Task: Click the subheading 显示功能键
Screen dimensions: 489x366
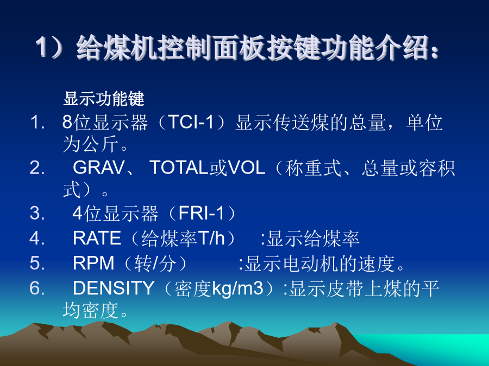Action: pyautogui.click(x=104, y=99)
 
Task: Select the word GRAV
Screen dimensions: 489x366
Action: pyautogui.click(x=98, y=168)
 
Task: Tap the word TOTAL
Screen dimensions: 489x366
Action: pyautogui.click(x=179, y=168)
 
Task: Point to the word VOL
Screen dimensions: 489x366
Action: pyautogui.click(x=246, y=168)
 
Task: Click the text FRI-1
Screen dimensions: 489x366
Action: pyautogui.click(x=201, y=213)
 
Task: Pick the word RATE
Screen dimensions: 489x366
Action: pyautogui.click(x=97, y=238)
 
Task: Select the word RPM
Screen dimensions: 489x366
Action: pyautogui.click(x=93, y=263)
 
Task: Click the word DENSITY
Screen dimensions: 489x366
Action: pyautogui.click(x=114, y=288)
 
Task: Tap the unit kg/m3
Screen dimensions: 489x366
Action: pyautogui.click(x=237, y=288)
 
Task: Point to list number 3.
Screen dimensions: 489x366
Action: pyautogui.click(x=37, y=213)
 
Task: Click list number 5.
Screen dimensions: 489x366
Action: pyautogui.click(x=37, y=263)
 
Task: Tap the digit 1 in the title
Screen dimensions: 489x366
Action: pyautogui.click(x=42, y=47)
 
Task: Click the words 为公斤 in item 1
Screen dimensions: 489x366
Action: pyautogui.click(x=90, y=144)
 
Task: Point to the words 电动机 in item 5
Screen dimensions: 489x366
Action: pyautogui.click(x=311, y=264)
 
